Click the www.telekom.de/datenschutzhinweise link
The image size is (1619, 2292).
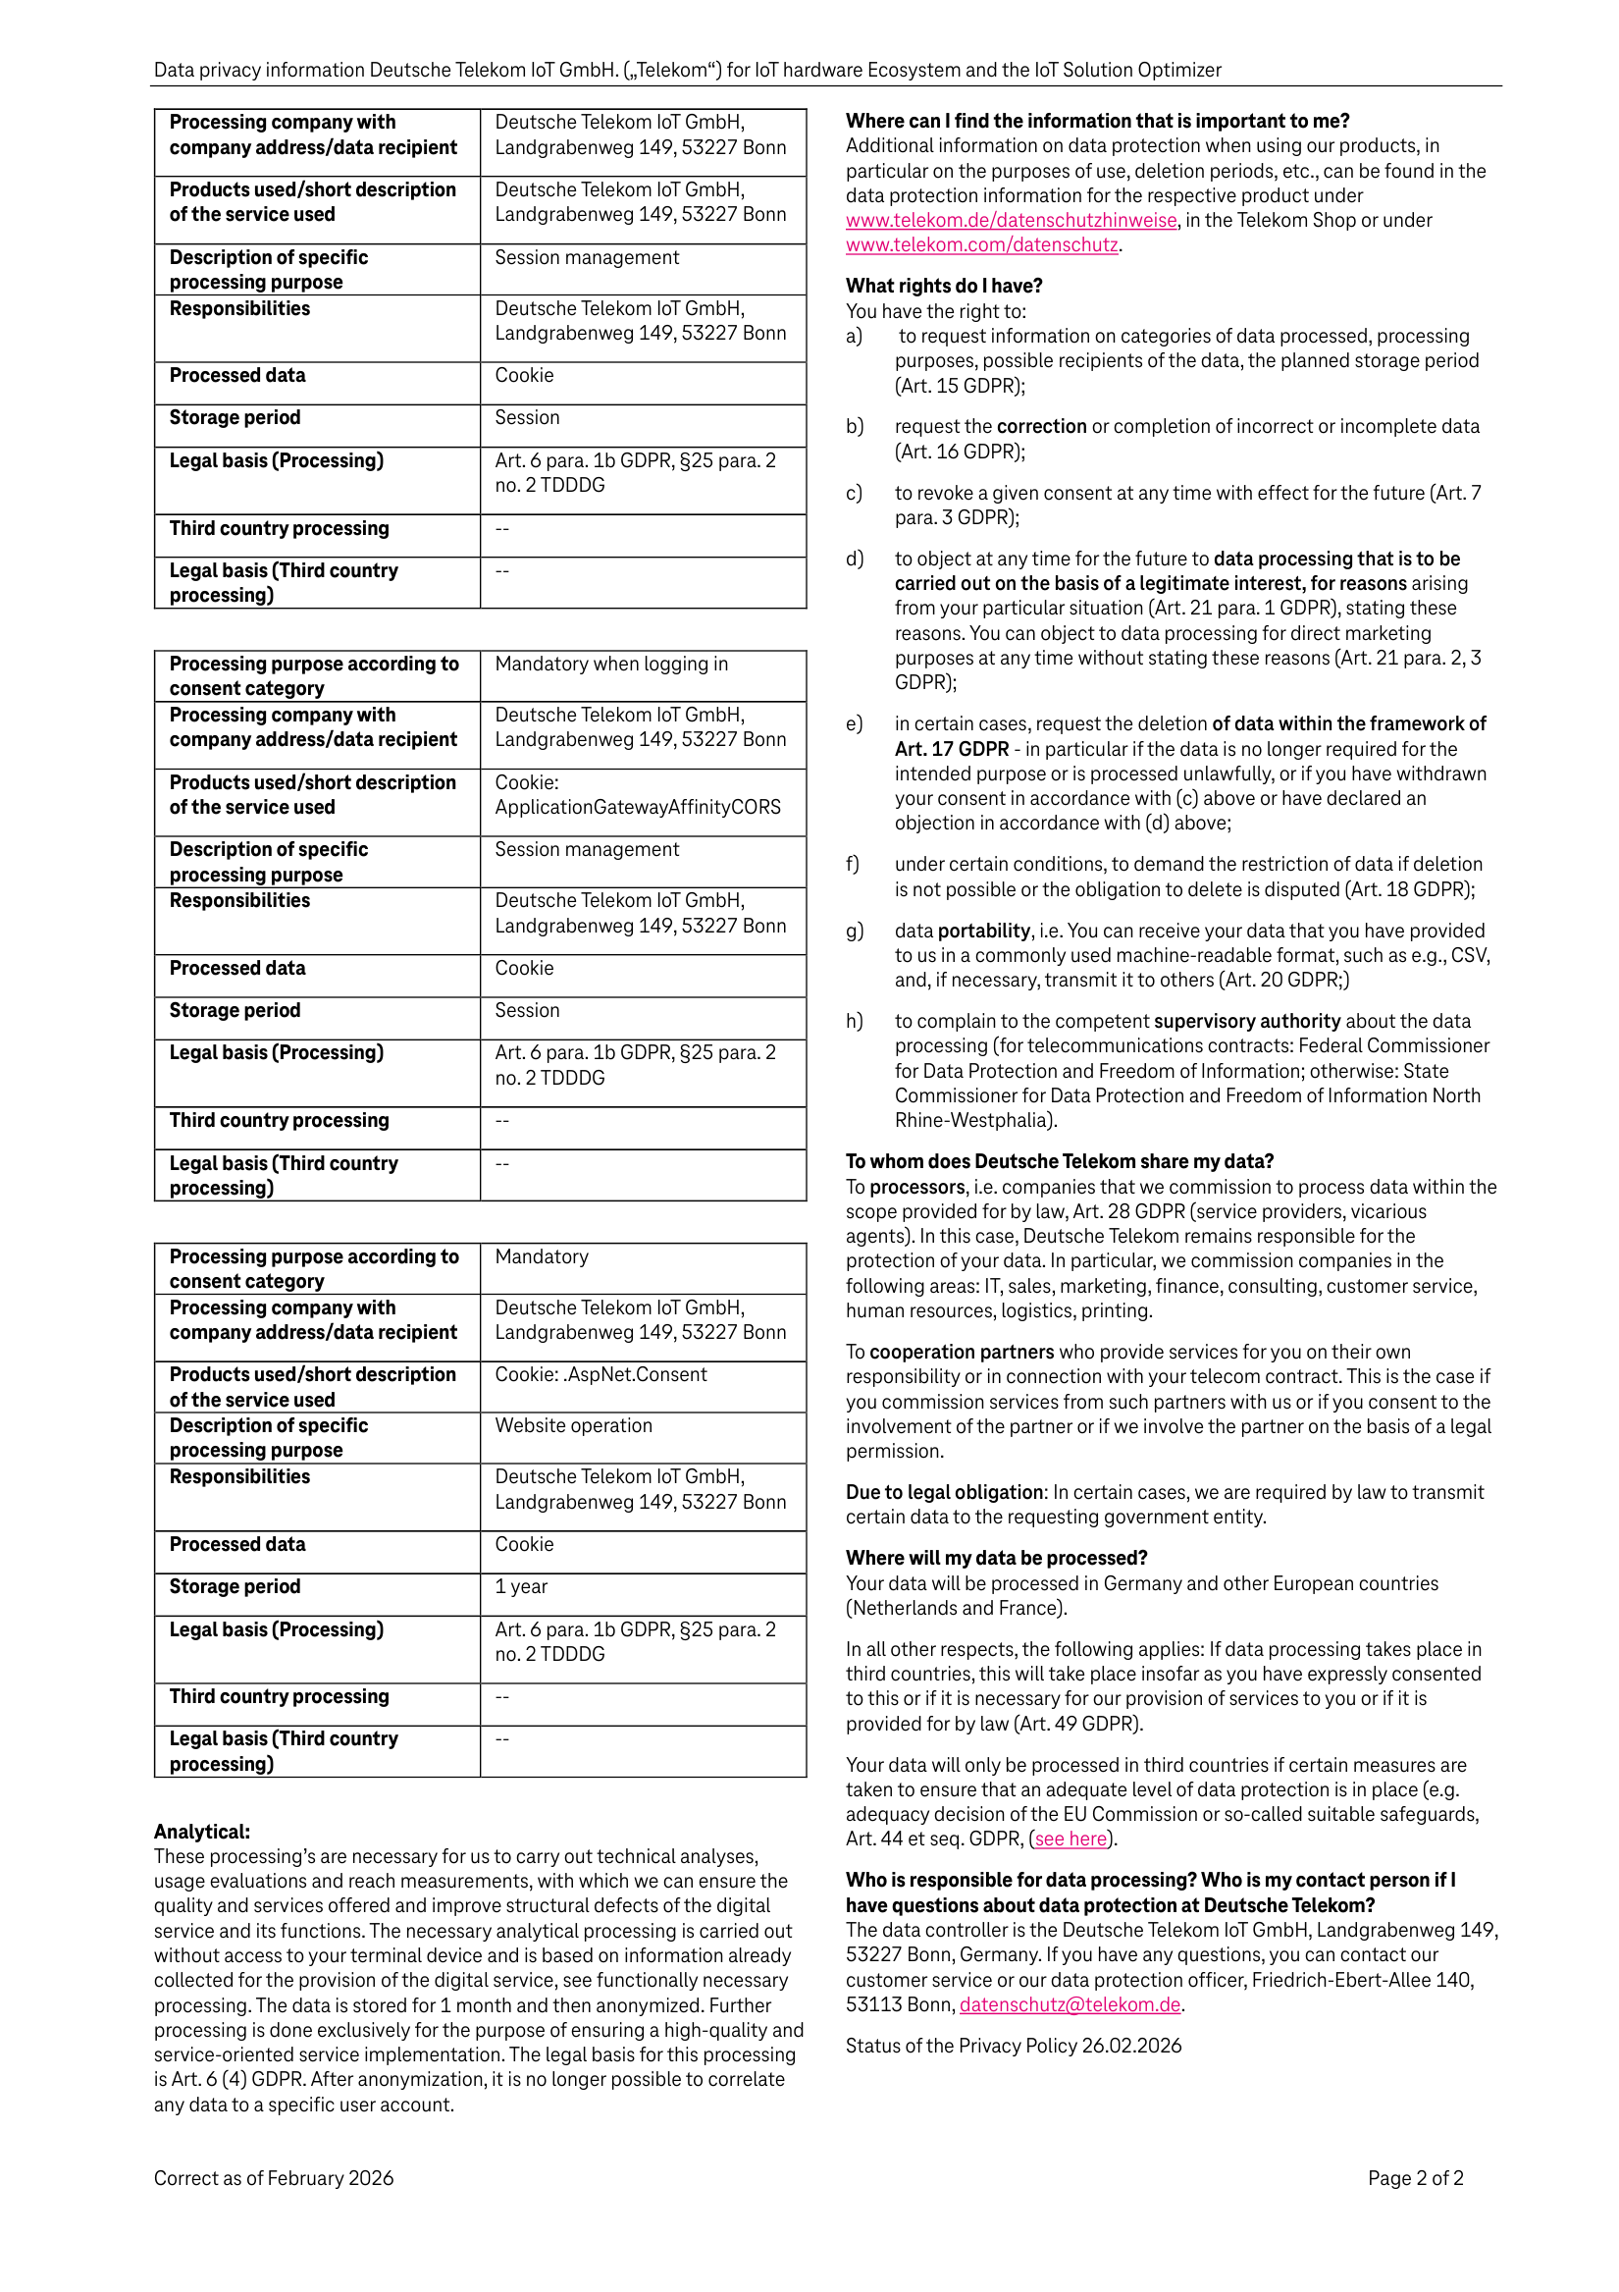1010,221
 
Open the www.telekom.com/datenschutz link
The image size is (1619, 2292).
981,244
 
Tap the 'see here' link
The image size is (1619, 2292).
1071,1839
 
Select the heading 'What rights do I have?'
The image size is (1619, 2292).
943,286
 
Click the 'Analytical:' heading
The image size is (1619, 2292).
201,1832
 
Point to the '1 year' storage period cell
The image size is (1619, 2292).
521,1587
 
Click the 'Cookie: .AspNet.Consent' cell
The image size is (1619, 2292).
601,1374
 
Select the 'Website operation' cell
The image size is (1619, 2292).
573,1425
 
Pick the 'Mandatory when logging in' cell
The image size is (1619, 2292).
611,664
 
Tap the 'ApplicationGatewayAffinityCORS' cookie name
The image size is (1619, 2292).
638,807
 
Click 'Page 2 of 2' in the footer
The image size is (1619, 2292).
1414,2178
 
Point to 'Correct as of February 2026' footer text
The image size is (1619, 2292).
274,2178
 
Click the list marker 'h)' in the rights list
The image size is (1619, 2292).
855,1021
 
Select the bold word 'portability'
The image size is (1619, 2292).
983,931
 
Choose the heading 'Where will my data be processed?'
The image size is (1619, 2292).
996,1559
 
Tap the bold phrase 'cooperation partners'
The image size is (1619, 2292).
962,1352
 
